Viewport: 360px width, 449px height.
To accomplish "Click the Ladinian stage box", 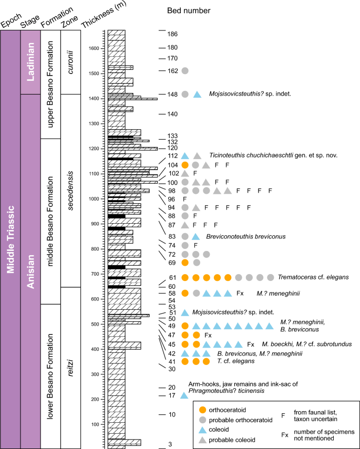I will [x=30, y=62].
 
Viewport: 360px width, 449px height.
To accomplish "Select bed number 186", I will [x=172, y=34].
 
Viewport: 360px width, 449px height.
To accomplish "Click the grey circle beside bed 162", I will [x=185, y=70].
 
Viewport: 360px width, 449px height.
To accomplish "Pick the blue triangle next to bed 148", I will [x=197, y=95].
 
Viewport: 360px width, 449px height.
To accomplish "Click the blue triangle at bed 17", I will [x=184, y=395].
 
